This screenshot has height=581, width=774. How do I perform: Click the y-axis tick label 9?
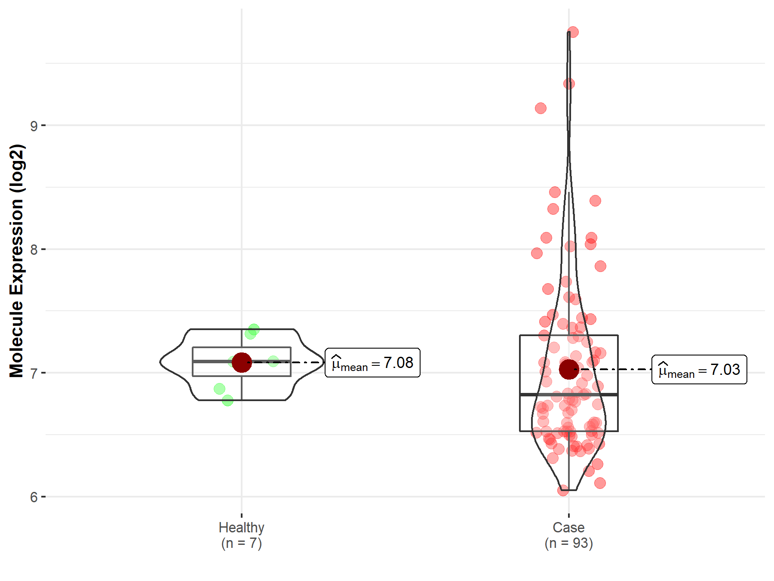tap(34, 126)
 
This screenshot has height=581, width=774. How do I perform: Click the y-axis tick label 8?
tap(34, 250)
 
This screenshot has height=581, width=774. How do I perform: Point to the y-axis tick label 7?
tap(34, 373)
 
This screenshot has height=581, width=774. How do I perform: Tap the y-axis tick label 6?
tap(34, 497)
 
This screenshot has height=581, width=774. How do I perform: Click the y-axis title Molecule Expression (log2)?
tap(16, 261)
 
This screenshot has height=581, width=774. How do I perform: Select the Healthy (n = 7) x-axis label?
tap(241, 535)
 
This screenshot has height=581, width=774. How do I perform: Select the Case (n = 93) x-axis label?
tap(568, 535)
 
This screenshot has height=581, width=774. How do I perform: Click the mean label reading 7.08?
tap(372, 363)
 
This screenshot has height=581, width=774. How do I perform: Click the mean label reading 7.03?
tap(699, 370)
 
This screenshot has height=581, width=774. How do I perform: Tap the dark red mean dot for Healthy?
tap(242, 362)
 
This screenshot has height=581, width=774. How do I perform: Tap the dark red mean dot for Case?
tap(569, 369)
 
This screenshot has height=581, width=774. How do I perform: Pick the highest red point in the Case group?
tap(573, 32)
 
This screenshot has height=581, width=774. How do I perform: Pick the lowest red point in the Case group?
tap(563, 490)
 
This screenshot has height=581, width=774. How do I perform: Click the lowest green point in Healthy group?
tap(228, 400)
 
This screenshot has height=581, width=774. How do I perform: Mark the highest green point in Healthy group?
tap(254, 330)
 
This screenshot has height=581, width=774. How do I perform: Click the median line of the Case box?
tap(593, 394)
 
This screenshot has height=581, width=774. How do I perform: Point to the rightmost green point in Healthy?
tap(273, 361)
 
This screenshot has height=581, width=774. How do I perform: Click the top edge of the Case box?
tap(593, 335)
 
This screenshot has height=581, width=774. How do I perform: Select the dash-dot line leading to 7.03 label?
tap(615, 369)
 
